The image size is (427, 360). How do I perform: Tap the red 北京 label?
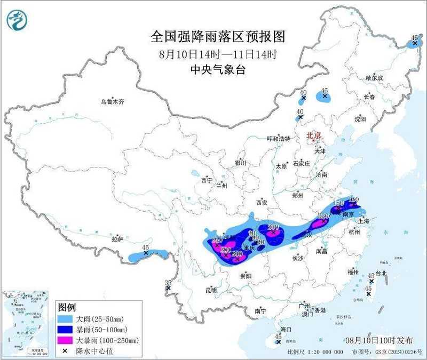(x=314, y=136)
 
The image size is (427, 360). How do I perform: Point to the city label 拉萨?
(x=117, y=239)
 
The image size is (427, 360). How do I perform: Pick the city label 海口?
(x=287, y=330)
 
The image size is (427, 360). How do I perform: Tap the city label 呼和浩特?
(x=278, y=139)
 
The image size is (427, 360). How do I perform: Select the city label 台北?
(x=381, y=273)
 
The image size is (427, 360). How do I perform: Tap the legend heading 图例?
(x=67, y=308)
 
